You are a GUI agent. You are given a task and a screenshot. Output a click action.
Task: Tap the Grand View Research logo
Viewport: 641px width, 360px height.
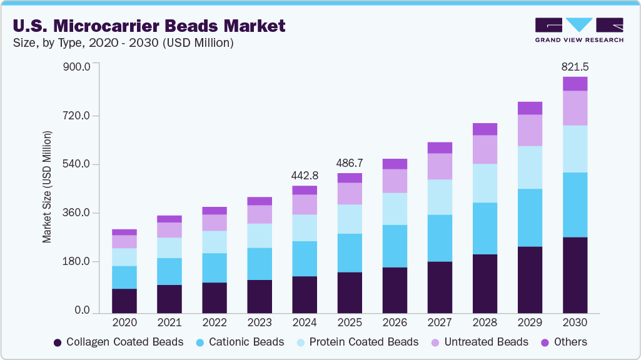(578, 30)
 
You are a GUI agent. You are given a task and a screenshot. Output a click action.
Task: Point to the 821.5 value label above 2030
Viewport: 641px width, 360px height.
(575, 66)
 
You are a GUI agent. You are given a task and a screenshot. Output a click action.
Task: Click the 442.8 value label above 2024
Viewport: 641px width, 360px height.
(305, 175)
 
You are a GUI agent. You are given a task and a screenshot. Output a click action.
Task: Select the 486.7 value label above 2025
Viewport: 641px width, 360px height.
(350, 162)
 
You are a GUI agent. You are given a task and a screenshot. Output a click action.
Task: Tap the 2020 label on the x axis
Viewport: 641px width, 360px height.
(124, 322)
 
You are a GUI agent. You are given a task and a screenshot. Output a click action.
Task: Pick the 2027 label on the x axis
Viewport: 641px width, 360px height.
(440, 322)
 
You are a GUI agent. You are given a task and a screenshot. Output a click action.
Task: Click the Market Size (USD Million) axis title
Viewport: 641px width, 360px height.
(47, 187)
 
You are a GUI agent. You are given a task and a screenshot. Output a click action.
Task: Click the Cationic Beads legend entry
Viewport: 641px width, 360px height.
(240, 342)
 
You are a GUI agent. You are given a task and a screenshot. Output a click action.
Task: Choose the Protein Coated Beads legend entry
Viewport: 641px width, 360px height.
(356, 342)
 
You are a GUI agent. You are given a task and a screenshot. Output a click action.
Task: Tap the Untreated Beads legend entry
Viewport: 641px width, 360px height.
(479, 342)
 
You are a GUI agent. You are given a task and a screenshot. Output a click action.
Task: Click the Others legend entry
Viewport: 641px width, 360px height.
(563, 342)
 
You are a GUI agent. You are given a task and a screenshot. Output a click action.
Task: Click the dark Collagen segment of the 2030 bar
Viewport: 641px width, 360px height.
(575, 275)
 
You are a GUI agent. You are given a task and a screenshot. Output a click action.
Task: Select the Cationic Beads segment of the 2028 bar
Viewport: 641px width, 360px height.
(485, 228)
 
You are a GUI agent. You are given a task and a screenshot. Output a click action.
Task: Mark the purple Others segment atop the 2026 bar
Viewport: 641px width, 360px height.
(395, 164)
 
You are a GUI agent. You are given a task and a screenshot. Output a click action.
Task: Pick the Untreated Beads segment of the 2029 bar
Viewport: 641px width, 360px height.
(530, 130)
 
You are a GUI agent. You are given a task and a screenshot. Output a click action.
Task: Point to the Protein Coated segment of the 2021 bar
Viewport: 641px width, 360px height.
(169, 247)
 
